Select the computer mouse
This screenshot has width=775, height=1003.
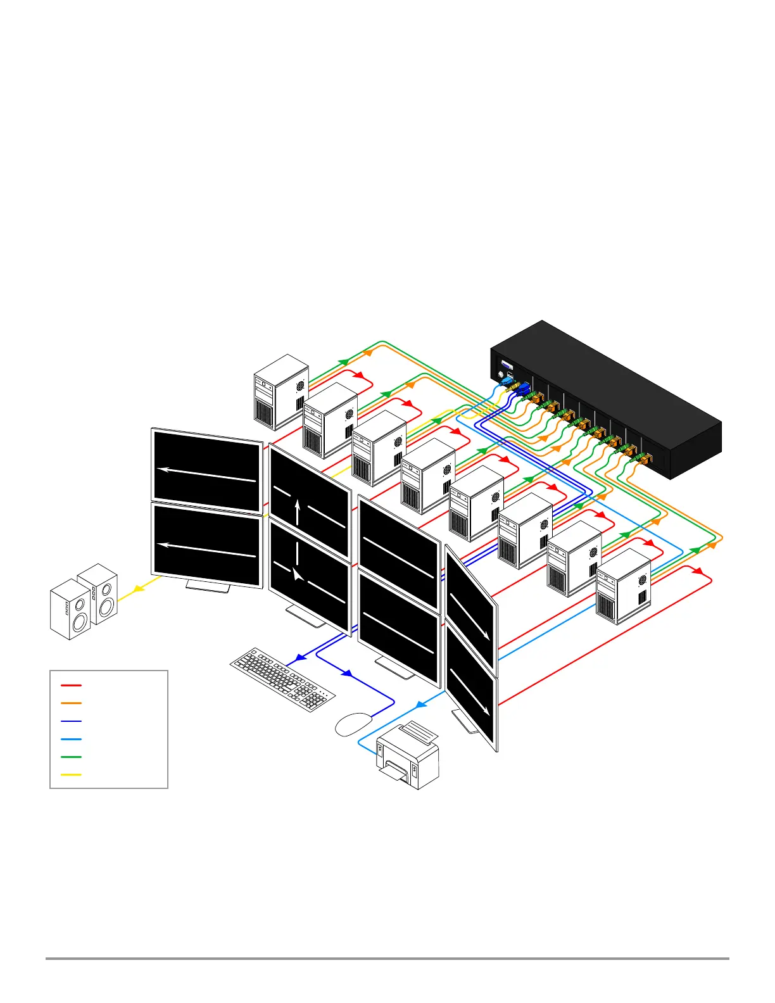[353, 724]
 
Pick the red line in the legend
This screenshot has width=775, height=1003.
[71, 684]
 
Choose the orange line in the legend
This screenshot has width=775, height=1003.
[71, 703]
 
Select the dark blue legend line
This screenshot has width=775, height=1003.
[71, 721]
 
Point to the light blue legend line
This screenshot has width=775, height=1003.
[71, 739]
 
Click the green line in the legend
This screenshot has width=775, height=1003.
[71, 757]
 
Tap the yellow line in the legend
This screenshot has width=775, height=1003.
[71, 774]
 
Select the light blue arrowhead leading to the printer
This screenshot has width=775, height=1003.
[420, 704]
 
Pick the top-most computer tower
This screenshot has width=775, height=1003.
[281, 391]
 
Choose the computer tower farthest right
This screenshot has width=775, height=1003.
[623, 586]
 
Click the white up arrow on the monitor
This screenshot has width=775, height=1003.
[298, 512]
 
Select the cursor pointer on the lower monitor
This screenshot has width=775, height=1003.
[297, 574]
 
